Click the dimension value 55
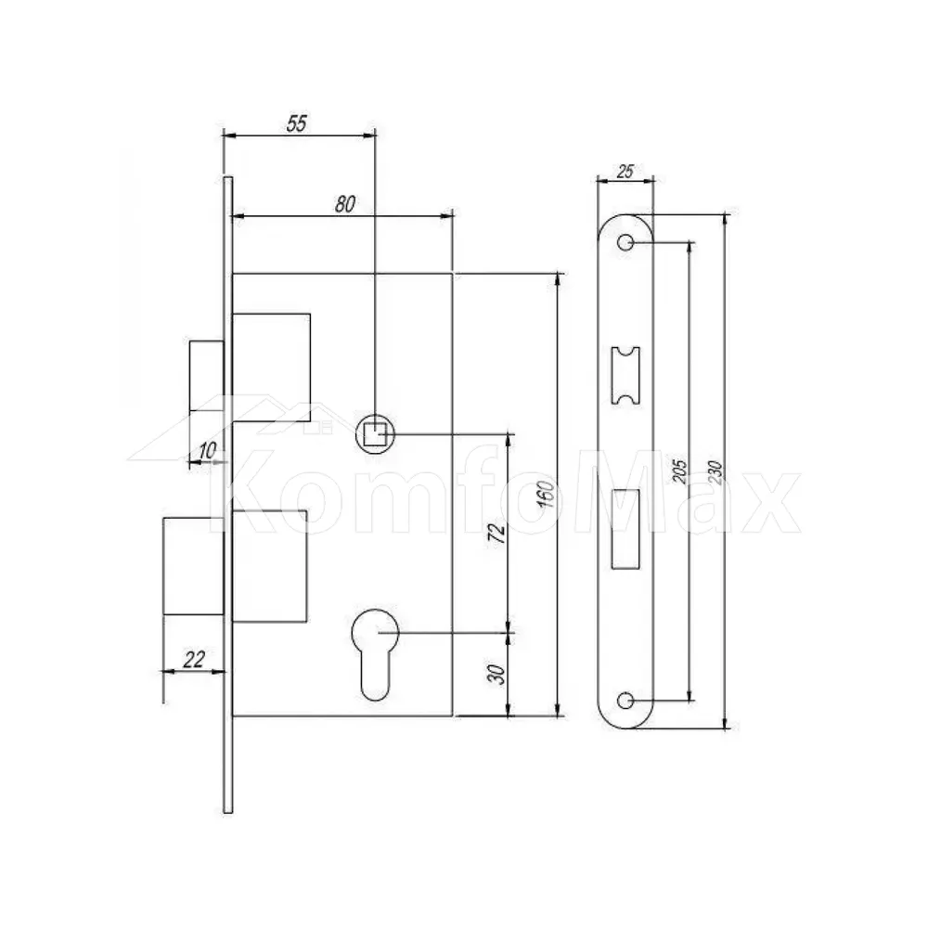tap(297, 123)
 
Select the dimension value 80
tap(345, 203)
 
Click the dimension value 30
tap(497, 674)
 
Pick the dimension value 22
tap(194, 659)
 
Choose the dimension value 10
tap(207, 450)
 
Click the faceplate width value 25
tap(625, 172)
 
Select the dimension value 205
tap(680, 471)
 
